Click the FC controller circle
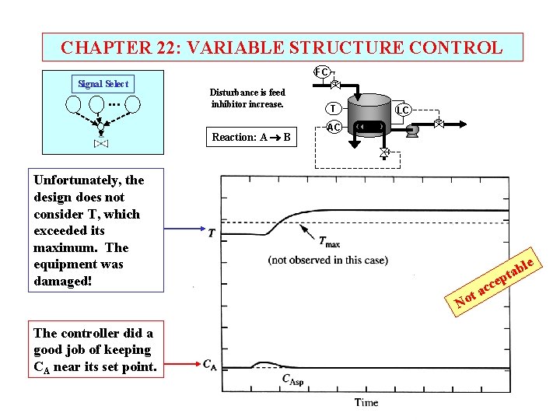[x=320, y=72]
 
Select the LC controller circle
[x=403, y=110]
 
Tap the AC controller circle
[x=334, y=127]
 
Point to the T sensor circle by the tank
[x=333, y=109]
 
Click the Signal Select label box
[x=103, y=83]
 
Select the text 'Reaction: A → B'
[x=251, y=138]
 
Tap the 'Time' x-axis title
[x=366, y=402]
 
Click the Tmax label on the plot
[x=330, y=243]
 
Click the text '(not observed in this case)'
[x=327, y=260]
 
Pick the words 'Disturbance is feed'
[x=247, y=93]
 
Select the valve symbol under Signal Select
[x=100, y=144]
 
